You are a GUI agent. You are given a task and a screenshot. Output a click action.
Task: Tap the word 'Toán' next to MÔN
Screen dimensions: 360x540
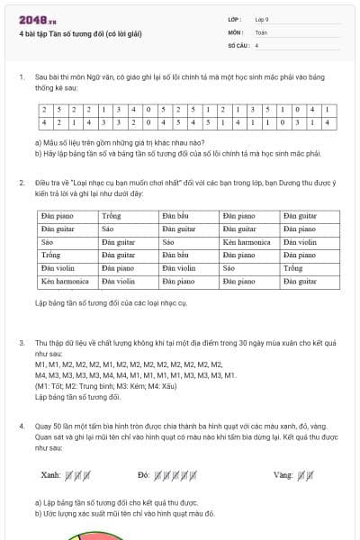pyautogui.click(x=260, y=31)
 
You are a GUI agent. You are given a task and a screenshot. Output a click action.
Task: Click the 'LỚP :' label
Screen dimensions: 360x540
pyautogui.click(x=235, y=20)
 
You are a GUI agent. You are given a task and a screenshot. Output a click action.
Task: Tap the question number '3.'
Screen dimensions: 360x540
pyautogui.click(x=21, y=344)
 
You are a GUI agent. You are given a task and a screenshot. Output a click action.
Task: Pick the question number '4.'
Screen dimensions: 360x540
pyautogui.click(x=21, y=426)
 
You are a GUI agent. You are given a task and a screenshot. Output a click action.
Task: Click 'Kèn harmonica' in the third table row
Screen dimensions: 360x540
pyautogui.click(x=247, y=242)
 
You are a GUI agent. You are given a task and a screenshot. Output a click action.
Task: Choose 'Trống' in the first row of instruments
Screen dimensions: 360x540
pyautogui.click(x=112, y=216)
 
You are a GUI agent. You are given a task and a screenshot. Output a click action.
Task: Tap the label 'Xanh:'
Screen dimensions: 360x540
pyautogui.click(x=50, y=474)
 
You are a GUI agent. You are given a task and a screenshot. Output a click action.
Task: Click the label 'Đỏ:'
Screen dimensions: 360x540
pyautogui.click(x=143, y=474)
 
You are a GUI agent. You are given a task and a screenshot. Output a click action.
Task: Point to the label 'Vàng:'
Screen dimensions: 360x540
pyautogui.click(x=283, y=474)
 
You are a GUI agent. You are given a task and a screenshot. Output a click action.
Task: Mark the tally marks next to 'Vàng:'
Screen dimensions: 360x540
pyautogui.click(x=304, y=474)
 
